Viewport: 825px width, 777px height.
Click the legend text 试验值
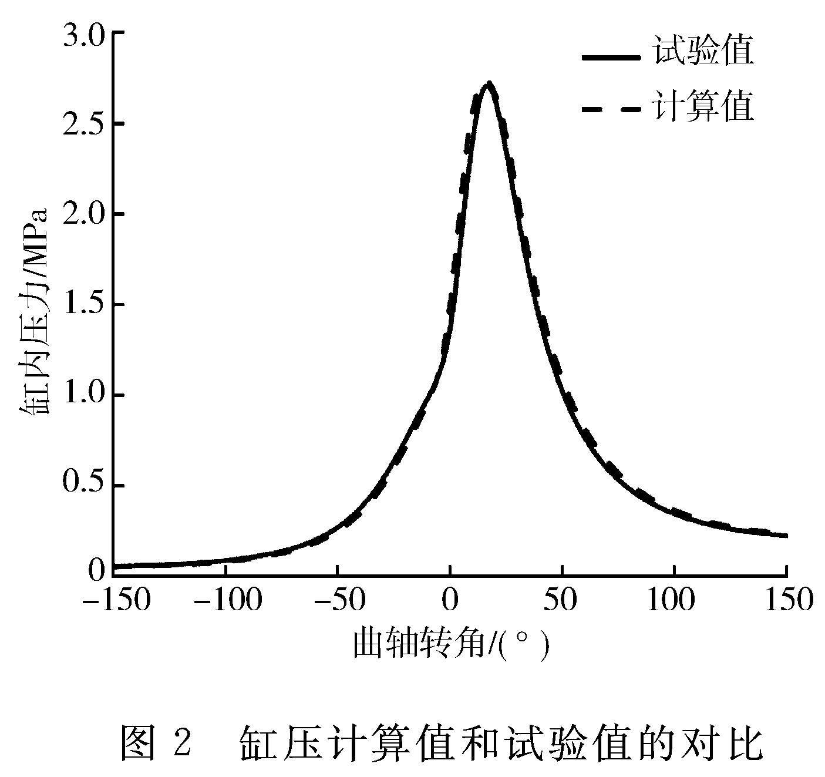(x=703, y=52)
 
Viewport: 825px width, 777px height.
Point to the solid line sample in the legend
(x=611, y=57)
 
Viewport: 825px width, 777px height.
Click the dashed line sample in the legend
(x=611, y=109)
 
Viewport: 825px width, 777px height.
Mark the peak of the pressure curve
(x=489, y=83)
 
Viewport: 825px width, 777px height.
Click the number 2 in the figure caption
(x=183, y=742)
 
